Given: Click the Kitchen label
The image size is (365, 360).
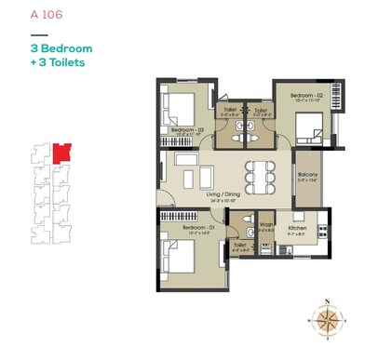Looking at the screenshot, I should (297, 227).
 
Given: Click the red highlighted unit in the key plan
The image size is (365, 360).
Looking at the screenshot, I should (61, 151).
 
